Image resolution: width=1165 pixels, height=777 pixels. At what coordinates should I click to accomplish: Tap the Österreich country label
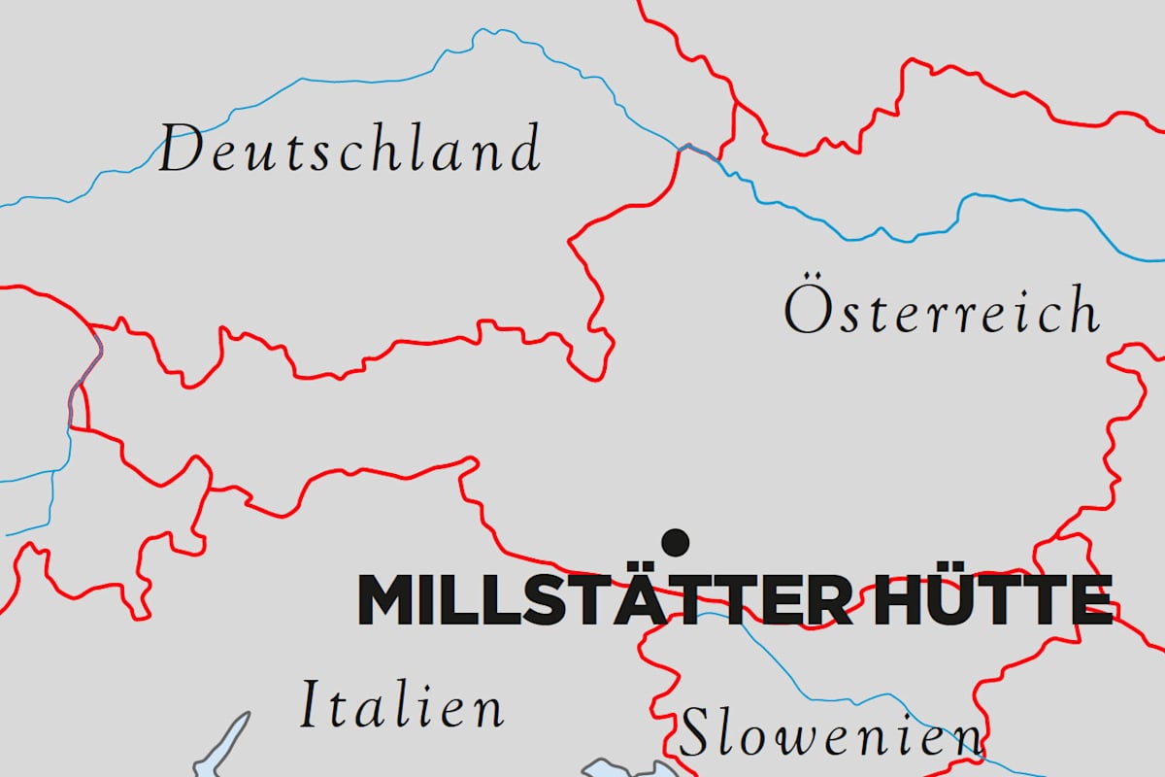click(x=942, y=311)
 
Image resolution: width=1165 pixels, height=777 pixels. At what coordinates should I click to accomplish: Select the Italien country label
click(x=401, y=705)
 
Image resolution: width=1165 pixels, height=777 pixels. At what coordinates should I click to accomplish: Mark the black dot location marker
click(x=675, y=541)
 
